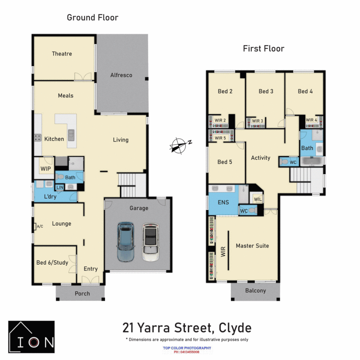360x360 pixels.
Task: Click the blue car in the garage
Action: [126, 242]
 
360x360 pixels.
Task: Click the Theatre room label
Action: [62, 54]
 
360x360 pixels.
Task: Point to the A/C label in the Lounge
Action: [40, 227]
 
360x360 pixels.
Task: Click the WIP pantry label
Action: [46, 169]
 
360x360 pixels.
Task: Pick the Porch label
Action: [82, 293]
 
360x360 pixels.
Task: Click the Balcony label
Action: [255, 291]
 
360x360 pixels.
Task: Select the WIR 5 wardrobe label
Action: [220, 138]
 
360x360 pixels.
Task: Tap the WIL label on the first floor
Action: [258, 199]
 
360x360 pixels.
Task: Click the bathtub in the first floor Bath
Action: [312, 161]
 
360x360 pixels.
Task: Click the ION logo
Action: [31, 337]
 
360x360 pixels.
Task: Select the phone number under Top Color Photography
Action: [187, 352]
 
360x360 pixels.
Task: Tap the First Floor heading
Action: [263, 49]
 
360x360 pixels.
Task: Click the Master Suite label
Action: [252, 246]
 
